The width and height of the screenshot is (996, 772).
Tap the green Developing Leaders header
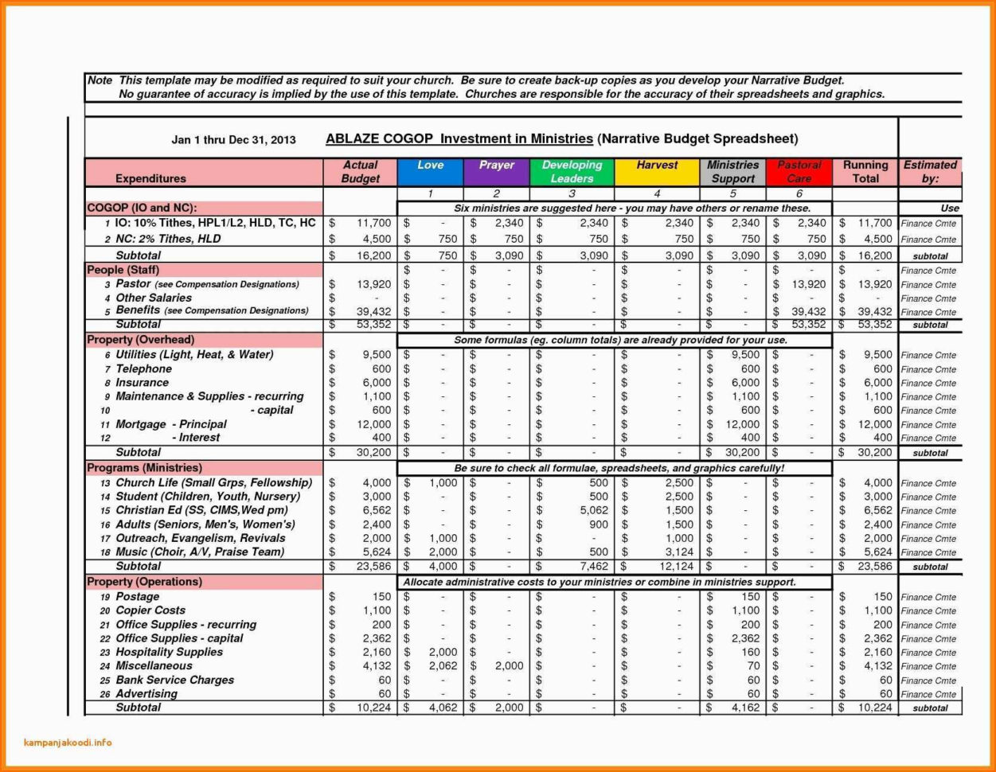[572, 171]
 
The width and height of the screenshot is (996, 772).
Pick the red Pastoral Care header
[799, 171]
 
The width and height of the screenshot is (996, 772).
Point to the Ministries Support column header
[732, 171]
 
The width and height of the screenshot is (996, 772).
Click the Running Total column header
[865, 171]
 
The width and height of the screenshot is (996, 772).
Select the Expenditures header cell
[150, 178]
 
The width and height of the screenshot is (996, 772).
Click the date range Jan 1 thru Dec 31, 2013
[233, 140]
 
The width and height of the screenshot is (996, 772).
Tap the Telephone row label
[143, 368]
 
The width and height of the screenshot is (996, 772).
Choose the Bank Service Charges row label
[174, 680]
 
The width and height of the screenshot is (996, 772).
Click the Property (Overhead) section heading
[140, 340]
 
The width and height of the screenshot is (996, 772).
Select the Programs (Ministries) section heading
[144, 468]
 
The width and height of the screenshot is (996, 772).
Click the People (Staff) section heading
[123, 270]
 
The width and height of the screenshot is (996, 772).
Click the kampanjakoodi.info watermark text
[68, 743]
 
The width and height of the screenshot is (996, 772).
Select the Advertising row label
[146, 693]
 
